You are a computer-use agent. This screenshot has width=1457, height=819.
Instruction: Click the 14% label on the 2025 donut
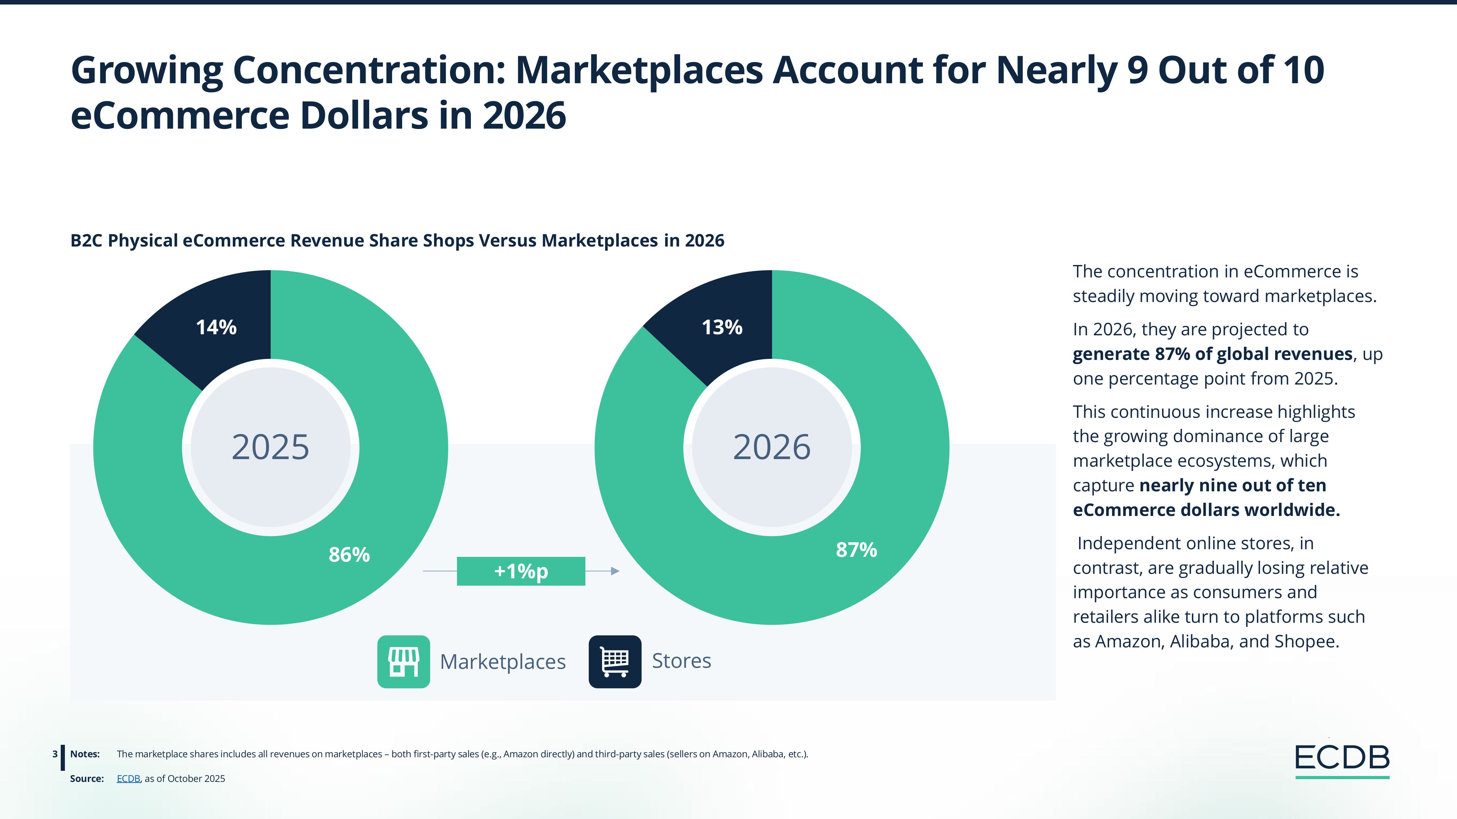coord(216,327)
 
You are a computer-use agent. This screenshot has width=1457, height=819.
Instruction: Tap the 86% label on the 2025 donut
coord(349,554)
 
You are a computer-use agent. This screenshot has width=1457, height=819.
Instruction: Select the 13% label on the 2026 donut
coord(722,327)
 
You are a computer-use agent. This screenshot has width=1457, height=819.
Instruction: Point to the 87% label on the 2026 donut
coord(856,550)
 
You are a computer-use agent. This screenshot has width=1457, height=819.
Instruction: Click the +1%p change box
coord(521,571)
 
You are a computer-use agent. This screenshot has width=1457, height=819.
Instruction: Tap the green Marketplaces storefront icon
coord(403,661)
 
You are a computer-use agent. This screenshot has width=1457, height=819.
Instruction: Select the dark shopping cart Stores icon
coord(615,661)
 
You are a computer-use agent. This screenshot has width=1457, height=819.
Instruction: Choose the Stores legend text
coord(681,661)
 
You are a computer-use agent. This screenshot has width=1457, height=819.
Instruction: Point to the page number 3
coord(55,754)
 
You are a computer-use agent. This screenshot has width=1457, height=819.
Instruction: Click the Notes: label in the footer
coord(85,754)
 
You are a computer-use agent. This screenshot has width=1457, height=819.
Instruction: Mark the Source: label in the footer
coord(86,778)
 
